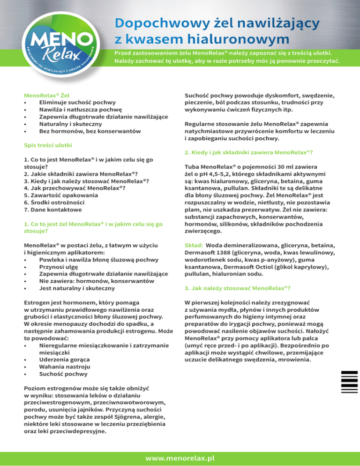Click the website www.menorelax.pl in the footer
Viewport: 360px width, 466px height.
tap(180, 456)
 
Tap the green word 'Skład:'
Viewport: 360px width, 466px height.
tap(194, 245)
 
